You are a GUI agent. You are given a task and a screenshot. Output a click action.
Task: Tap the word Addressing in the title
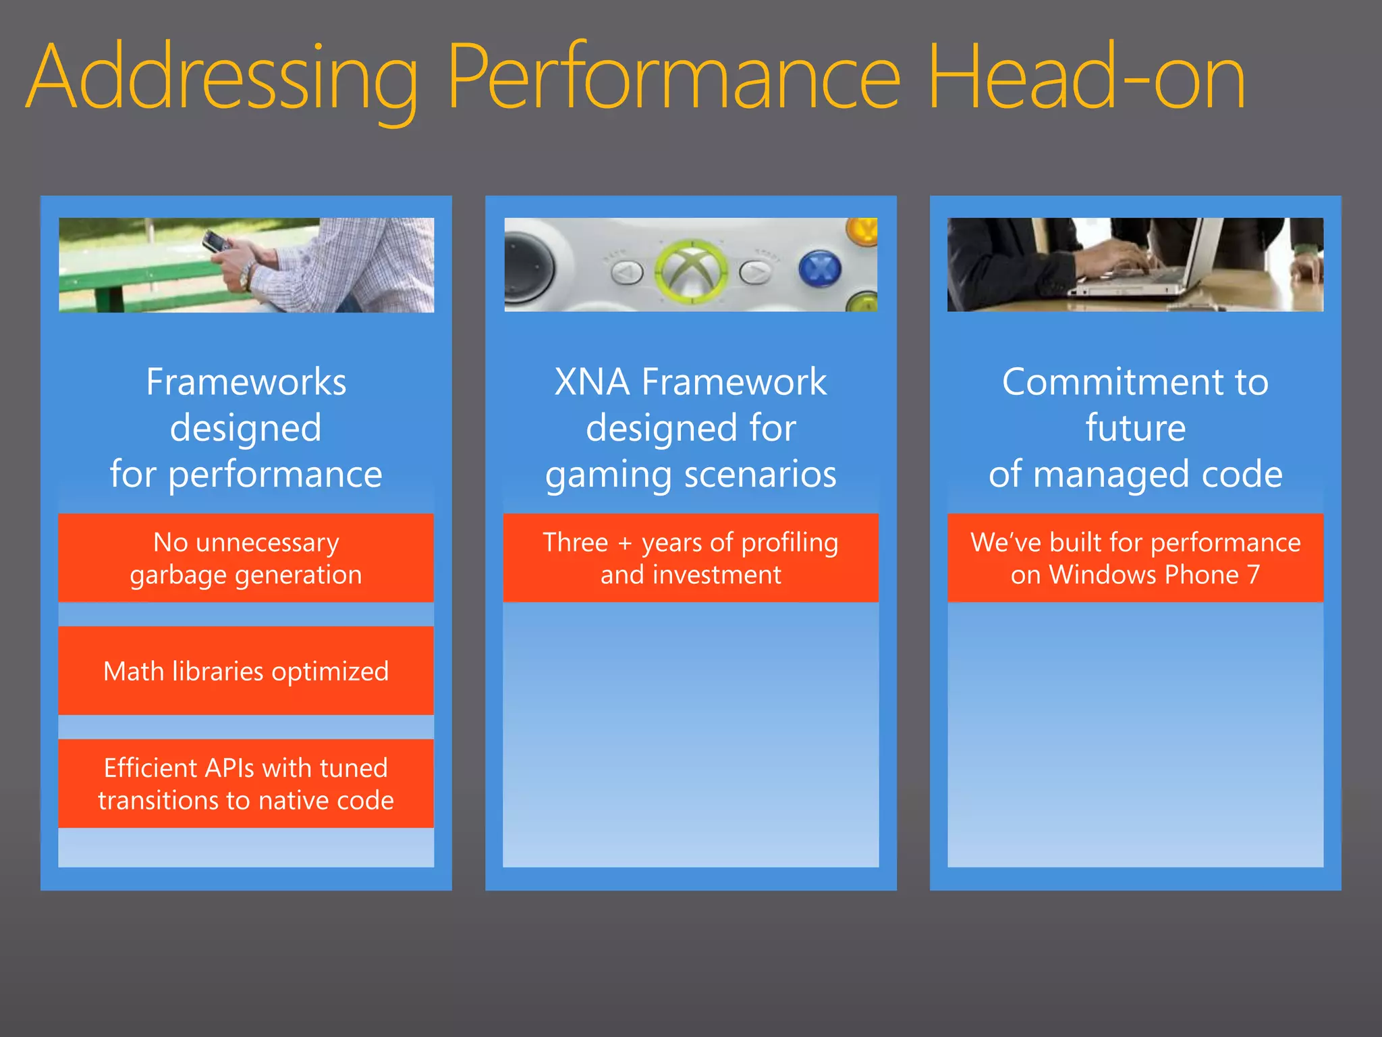[x=223, y=78]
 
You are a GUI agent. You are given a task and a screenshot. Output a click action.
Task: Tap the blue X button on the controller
[x=819, y=269]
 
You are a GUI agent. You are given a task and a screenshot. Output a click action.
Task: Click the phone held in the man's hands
[x=215, y=241]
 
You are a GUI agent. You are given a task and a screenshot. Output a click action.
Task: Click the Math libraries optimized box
[x=246, y=670]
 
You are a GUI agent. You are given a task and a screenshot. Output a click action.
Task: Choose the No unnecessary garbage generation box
[x=246, y=558]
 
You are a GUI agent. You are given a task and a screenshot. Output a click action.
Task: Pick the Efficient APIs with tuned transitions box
[x=246, y=783]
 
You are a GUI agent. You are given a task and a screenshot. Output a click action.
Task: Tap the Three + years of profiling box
[x=690, y=558]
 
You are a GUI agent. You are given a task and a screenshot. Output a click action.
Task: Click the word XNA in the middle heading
[x=592, y=382]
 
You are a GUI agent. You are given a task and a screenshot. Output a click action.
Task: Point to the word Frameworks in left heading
[x=246, y=382]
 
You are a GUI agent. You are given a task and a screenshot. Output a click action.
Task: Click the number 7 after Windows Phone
[x=1253, y=575]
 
